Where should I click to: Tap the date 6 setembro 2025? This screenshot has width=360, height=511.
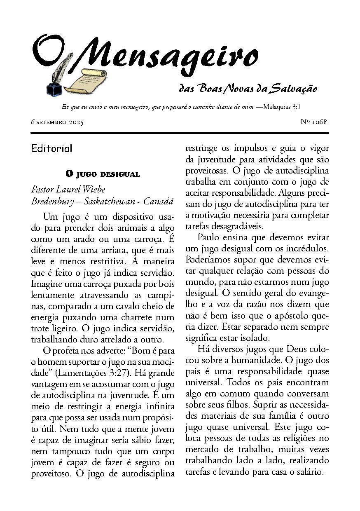click(x=57, y=123)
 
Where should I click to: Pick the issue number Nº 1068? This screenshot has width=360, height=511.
click(x=314, y=122)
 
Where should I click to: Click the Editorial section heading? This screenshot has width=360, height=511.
click(x=51, y=148)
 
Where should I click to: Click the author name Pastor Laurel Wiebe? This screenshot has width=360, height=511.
click(x=68, y=190)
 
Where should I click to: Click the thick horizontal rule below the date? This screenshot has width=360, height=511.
click(x=180, y=133)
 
